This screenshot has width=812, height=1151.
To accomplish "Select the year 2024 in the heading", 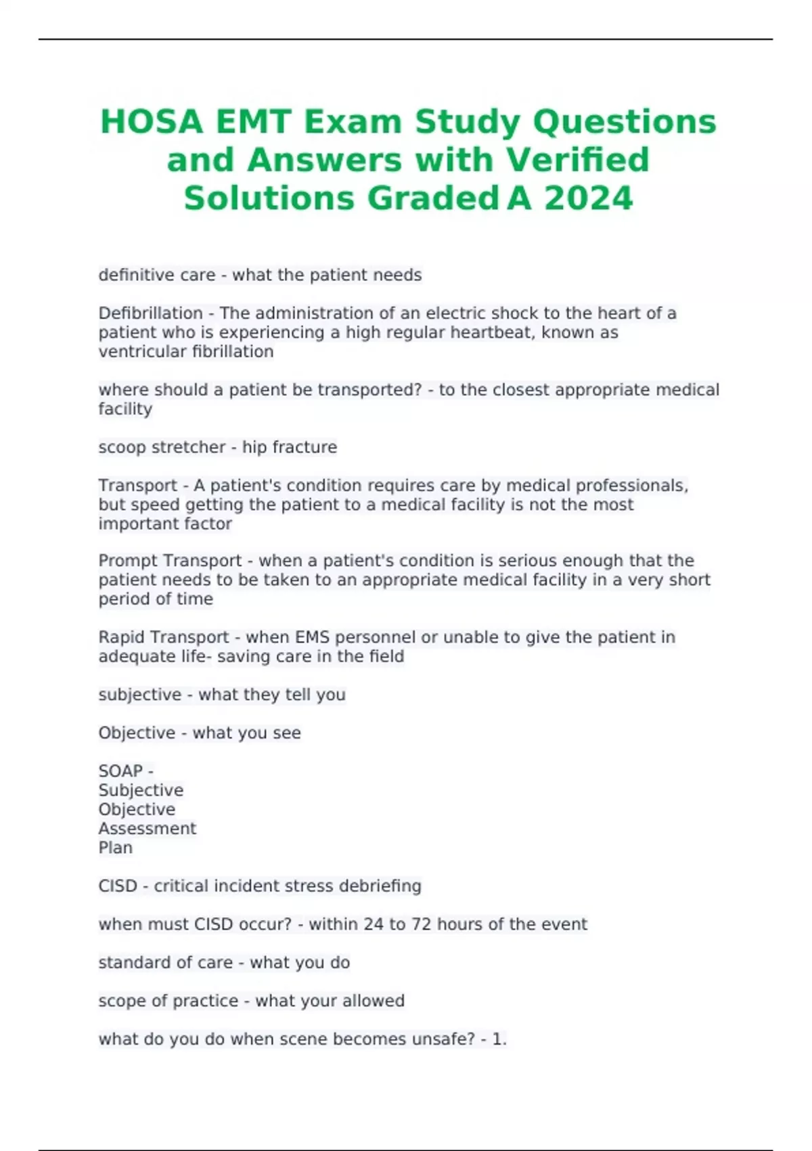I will (588, 198).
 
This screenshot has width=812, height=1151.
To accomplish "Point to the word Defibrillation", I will (150, 313).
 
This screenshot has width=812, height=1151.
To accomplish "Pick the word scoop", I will (118, 448).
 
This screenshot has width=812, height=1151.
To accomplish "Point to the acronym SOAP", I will (120, 771).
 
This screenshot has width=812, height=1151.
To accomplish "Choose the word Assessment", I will (147, 829).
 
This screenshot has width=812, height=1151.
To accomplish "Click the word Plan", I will (115, 848).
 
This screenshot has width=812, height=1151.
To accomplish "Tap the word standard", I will (131, 963).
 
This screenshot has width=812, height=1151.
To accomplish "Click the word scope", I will (120, 1001).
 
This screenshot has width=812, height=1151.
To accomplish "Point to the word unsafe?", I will (443, 1039).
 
